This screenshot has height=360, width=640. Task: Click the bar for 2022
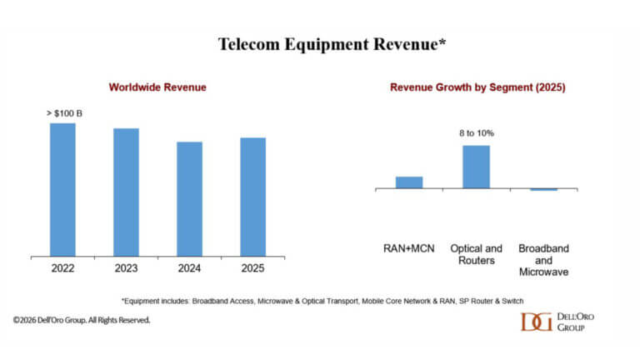coord(62,189)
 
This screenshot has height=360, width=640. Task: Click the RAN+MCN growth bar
coord(409,182)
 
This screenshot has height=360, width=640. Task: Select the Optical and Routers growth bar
coord(476,167)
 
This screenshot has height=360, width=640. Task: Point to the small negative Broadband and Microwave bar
coord(543,190)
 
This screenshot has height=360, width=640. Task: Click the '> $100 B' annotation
coord(63,112)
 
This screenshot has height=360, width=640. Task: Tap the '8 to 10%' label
coord(476,133)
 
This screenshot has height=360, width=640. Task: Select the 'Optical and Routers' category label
coord(476,254)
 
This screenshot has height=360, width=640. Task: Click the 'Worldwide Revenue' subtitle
coord(157,87)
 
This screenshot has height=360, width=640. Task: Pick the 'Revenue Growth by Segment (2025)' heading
coord(477,87)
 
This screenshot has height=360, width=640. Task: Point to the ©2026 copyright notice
coord(82,320)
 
